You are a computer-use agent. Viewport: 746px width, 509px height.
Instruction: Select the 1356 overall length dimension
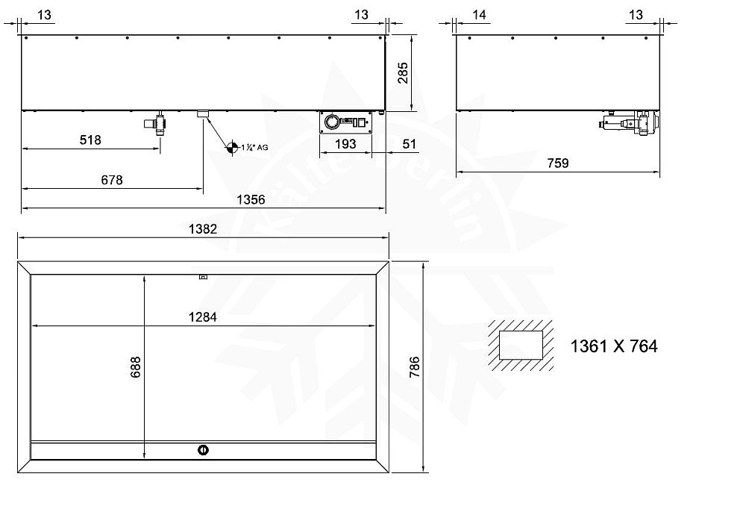[x=251, y=200]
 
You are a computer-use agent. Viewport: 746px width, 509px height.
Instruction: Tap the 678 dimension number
[x=112, y=180]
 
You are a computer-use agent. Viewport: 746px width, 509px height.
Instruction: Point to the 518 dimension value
[x=90, y=140]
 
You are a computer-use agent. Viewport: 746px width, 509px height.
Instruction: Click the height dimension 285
[x=403, y=73]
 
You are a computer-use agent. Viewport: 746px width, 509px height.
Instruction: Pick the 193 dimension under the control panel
[x=345, y=145]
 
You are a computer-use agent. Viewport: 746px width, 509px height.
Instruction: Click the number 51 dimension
[x=409, y=145]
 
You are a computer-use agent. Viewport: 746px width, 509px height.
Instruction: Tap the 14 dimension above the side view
[x=479, y=14]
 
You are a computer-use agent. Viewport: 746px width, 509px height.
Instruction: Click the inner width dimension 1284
[x=203, y=317]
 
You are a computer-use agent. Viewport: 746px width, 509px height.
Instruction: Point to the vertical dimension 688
[x=135, y=366]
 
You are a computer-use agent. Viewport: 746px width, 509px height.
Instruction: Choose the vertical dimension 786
[x=415, y=366]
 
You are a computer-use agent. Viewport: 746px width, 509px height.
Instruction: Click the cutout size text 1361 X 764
[x=614, y=346]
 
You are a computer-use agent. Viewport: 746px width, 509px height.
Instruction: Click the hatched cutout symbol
[x=521, y=346]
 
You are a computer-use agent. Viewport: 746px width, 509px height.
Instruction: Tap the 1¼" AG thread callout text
[x=254, y=148]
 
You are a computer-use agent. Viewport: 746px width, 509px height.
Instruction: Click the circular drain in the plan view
[x=202, y=449]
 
